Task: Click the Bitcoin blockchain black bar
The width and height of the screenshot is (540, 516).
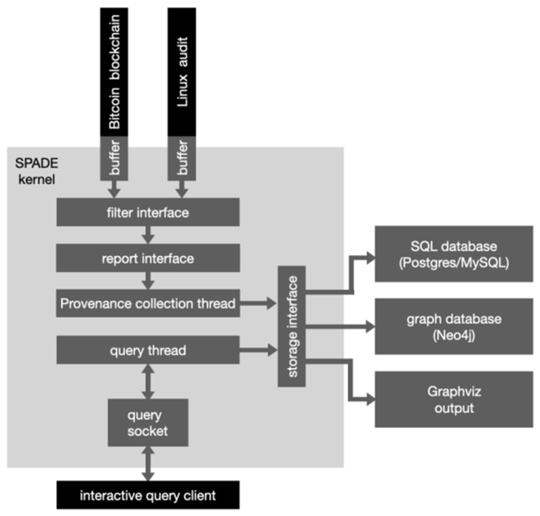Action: pyautogui.click(x=114, y=72)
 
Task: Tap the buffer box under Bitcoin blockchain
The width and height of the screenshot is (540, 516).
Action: pyautogui.click(x=114, y=158)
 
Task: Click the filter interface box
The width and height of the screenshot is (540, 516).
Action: pyautogui.click(x=148, y=212)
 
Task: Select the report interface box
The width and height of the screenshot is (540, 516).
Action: pyautogui.click(x=148, y=258)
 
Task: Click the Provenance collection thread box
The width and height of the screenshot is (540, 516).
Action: pyautogui.click(x=148, y=303)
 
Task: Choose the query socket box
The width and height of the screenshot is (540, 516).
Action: pyautogui.click(x=148, y=422)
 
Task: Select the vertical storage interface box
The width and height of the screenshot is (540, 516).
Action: pyautogui.click(x=291, y=326)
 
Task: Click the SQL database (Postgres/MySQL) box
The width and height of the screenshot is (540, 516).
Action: pyautogui.click(x=454, y=254)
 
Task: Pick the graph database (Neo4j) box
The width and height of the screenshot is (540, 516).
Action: pyautogui.click(x=454, y=326)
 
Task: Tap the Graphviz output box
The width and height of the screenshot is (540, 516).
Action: pyautogui.click(x=454, y=399)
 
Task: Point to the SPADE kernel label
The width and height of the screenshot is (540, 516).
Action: pyautogui.click(x=36, y=171)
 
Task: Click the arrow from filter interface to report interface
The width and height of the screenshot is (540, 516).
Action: pyautogui.click(x=148, y=234)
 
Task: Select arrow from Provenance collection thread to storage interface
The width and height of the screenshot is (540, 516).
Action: pyautogui.click(x=258, y=303)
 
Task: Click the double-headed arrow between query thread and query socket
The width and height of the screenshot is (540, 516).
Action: pyautogui.click(x=148, y=381)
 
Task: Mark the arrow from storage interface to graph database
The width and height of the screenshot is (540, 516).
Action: pyautogui.click(x=339, y=326)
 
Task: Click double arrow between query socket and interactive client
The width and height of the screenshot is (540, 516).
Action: pyautogui.click(x=148, y=463)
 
